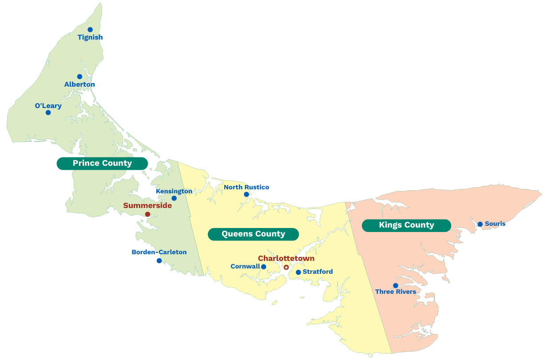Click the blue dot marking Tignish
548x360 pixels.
(90, 30)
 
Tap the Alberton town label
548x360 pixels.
(79, 84)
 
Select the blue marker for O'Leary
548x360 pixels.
(48, 112)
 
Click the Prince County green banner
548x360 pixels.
(102, 164)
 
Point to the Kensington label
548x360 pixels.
(174, 191)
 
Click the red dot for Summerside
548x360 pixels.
(147, 214)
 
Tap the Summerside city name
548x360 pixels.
(147, 205)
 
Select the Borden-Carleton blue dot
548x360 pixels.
(159, 260)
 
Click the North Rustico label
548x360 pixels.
(246, 187)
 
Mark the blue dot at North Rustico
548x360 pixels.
(246, 194)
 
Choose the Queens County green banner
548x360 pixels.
(253, 234)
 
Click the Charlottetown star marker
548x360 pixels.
(286, 267)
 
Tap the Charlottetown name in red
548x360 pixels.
(286, 258)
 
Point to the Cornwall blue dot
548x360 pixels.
(263, 267)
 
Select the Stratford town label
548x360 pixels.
(318, 272)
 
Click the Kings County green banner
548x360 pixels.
(406, 225)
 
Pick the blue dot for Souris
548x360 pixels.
(480, 224)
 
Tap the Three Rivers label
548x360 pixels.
(396, 292)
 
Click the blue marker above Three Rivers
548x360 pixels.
(395, 285)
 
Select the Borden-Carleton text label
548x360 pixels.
(159, 252)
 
